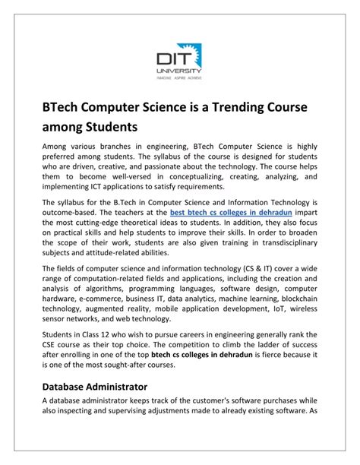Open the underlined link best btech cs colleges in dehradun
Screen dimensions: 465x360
(x=226, y=214)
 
